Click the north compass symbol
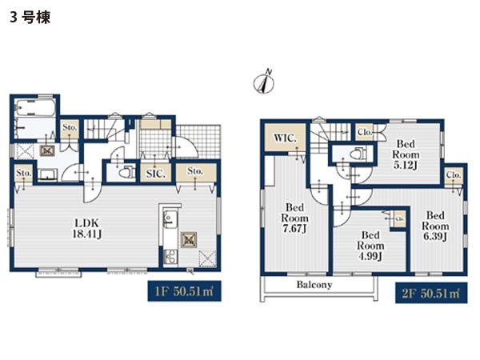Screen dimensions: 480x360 264,82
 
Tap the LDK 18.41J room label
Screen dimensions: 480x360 86,229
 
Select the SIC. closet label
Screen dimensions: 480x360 155,174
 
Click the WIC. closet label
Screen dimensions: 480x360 285,138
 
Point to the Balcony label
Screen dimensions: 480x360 314,285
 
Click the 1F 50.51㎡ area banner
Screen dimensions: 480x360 184,291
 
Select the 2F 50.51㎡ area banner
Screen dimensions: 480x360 431,293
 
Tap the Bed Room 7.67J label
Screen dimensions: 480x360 294,218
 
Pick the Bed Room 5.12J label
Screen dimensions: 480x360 406,154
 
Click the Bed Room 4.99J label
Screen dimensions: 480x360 370,246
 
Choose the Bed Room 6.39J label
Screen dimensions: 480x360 435,226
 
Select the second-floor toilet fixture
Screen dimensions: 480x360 358,153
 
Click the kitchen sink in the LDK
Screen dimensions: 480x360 169,218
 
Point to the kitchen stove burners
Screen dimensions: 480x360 170,257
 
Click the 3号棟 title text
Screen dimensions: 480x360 30,17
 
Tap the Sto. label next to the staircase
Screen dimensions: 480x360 70,127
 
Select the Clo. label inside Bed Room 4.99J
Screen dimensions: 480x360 399,219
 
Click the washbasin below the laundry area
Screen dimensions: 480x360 47,175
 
